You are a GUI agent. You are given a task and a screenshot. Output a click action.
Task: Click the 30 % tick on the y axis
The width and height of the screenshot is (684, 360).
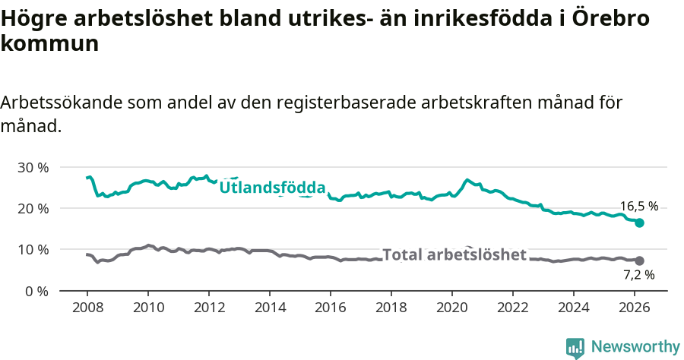[x=33, y=167]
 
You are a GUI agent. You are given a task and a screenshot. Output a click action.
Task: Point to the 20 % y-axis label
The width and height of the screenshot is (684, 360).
[x=33, y=208]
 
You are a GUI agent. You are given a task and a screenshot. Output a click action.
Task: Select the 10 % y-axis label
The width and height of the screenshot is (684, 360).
[x=33, y=249]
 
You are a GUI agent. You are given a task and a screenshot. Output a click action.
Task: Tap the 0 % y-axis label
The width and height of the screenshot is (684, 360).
[x=36, y=291]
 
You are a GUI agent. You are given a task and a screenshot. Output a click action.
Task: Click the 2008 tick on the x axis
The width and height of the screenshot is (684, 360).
[x=87, y=308]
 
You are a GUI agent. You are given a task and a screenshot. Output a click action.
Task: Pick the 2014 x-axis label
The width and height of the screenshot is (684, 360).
[x=270, y=308]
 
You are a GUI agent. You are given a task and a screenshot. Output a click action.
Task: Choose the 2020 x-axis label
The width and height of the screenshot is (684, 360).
[x=452, y=308]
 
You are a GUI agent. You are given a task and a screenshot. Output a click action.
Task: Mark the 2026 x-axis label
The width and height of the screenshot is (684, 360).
[x=635, y=308]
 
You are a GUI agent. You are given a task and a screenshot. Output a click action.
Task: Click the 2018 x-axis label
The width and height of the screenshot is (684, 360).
[x=391, y=308]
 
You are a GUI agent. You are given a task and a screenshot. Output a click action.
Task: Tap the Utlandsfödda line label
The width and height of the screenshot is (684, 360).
[x=272, y=188]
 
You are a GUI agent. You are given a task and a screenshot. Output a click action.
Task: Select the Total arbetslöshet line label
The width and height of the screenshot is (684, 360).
[x=454, y=254]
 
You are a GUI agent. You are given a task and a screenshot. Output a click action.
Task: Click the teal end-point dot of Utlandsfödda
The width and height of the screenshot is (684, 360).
[x=640, y=223]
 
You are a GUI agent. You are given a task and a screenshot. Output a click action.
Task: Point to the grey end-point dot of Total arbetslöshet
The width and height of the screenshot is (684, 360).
[x=640, y=261]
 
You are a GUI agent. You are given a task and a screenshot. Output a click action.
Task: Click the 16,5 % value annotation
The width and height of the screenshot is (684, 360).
[x=638, y=206]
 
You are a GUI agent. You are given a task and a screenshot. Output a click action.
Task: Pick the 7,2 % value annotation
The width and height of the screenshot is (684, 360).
[x=638, y=275]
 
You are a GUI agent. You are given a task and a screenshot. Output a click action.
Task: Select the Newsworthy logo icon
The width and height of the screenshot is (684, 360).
[x=575, y=348]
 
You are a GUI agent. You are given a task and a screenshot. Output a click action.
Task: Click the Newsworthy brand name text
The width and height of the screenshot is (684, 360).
[x=635, y=347]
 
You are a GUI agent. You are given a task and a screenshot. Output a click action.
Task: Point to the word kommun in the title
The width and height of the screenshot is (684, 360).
[x=49, y=43]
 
